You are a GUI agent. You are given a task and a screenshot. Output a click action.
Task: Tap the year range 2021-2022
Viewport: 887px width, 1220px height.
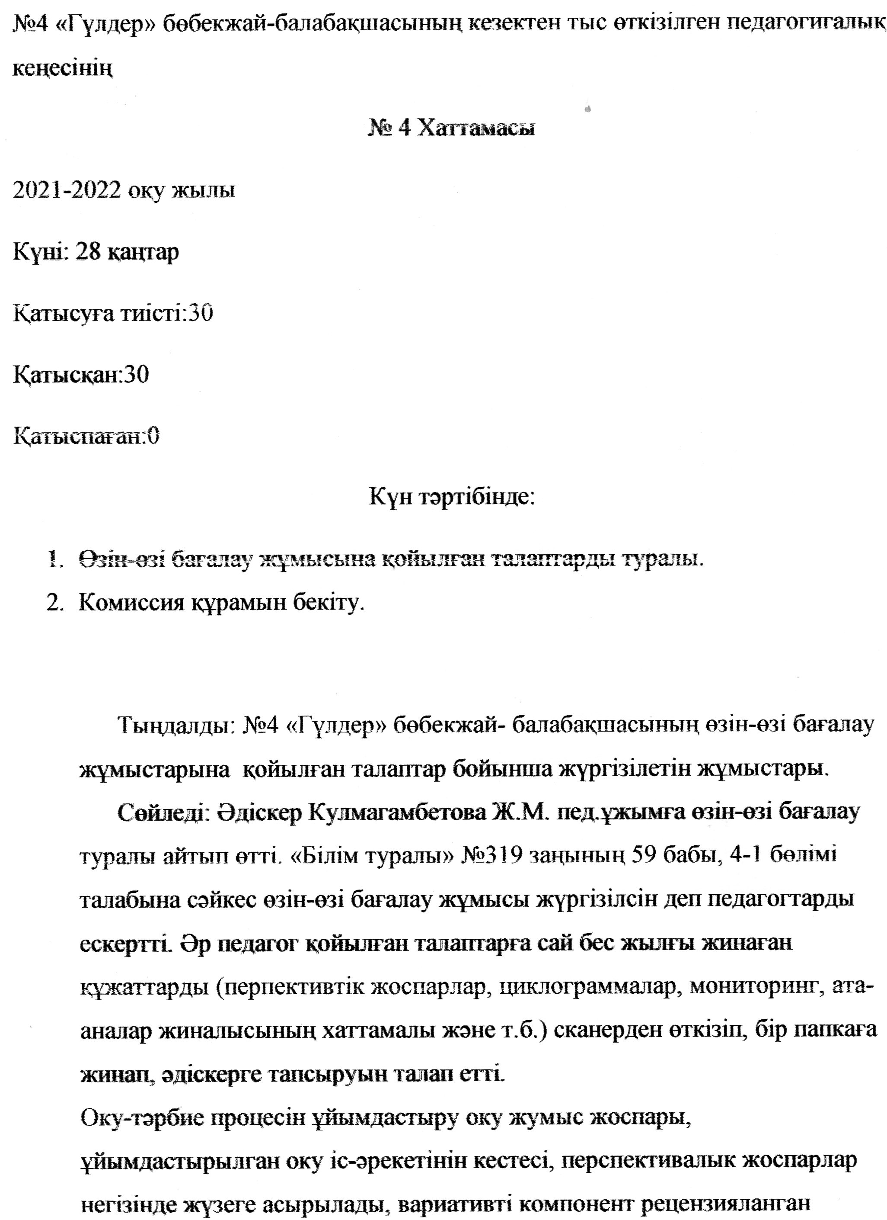pos(67,191)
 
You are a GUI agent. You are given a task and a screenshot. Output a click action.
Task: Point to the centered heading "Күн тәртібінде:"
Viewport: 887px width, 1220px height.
pos(452,497)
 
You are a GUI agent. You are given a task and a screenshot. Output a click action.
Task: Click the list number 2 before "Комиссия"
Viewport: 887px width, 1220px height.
pos(55,603)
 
